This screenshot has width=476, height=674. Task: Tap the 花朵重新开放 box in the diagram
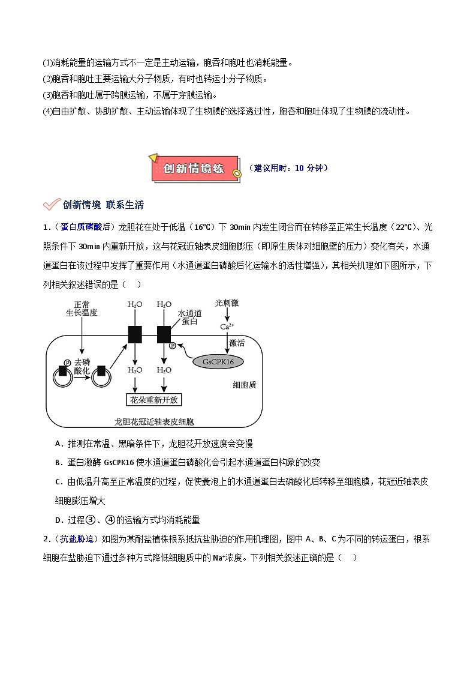click(x=154, y=400)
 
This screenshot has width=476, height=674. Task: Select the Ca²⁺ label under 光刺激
click(x=227, y=326)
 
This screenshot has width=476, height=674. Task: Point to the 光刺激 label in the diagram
click(x=227, y=304)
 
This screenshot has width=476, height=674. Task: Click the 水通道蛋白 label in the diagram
click(x=189, y=317)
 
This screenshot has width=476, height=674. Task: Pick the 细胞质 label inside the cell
click(x=244, y=385)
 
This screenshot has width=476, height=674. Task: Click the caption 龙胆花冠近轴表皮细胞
click(x=154, y=421)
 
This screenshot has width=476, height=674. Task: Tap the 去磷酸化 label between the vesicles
click(x=82, y=366)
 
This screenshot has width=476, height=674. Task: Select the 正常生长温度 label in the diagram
click(x=82, y=308)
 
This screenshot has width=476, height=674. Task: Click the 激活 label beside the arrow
click(x=237, y=342)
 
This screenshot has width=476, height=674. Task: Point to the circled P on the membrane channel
click(x=173, y=346)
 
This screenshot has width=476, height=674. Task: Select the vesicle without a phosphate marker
click(x=101, y=375)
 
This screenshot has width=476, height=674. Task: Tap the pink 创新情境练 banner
click(x=195, y=169)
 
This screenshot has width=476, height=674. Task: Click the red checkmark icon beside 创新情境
click(x=51, y=205)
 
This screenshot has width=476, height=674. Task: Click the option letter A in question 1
click(x=59, y=444)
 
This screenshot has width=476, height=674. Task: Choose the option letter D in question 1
click(x=59, y=520)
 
